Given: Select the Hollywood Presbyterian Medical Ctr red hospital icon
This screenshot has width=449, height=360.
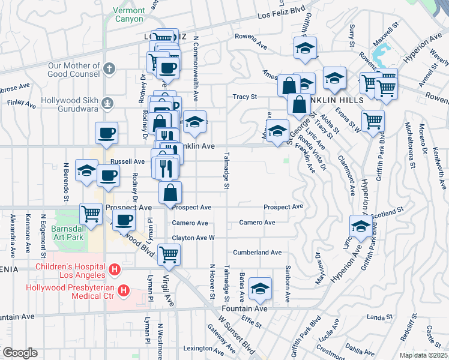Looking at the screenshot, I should pyautogui.click(x=124, y=291).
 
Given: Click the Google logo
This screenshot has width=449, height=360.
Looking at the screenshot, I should pyautogui.click(x=19, y=353).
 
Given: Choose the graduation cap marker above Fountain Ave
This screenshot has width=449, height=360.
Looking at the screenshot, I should pyautogui.click(x=260, y=288).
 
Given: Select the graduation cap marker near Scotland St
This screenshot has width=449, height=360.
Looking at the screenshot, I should pyautogui.click(x=361, y=226).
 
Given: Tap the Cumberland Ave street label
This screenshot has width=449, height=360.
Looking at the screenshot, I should pyautogui.click(x=258, y=253).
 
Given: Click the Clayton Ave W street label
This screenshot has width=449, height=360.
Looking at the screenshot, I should pyautogui.click(x=193, y=238).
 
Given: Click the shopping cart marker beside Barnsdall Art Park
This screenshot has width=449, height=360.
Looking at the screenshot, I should pyautogui.click(x=91, y=213).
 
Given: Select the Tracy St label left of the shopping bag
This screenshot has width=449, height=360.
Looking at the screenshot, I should pyautogui.click(x=245, y=97).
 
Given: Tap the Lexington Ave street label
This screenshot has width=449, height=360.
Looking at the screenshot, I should pyautogui.click(x=199, y=349).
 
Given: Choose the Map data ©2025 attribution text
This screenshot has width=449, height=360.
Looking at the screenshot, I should pyautogui.click(x=423, y=355).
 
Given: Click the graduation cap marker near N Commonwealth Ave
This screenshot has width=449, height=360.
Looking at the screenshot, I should pyautogui.click(x=194, y=122).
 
